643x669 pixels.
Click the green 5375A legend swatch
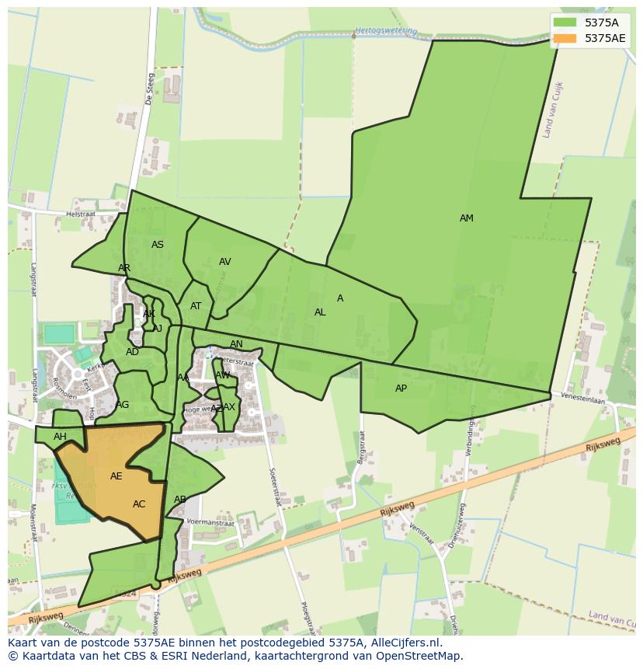point(565,22)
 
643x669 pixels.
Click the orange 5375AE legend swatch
point(565,38)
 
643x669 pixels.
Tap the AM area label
point(466,218)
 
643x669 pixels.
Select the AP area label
point(401,389)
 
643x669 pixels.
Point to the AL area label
point(320,312)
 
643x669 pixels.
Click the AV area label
point(224,262)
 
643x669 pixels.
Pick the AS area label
point(158,245)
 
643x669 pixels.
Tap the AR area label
point(124,268)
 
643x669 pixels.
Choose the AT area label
point(196,306)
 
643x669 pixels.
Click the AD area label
point(132,352)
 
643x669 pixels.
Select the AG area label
point(123,405)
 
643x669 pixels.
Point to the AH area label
point(60,437)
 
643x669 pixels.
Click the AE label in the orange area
point(116,476)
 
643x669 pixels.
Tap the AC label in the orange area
point(139,504)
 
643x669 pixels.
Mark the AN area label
point(236,344)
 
